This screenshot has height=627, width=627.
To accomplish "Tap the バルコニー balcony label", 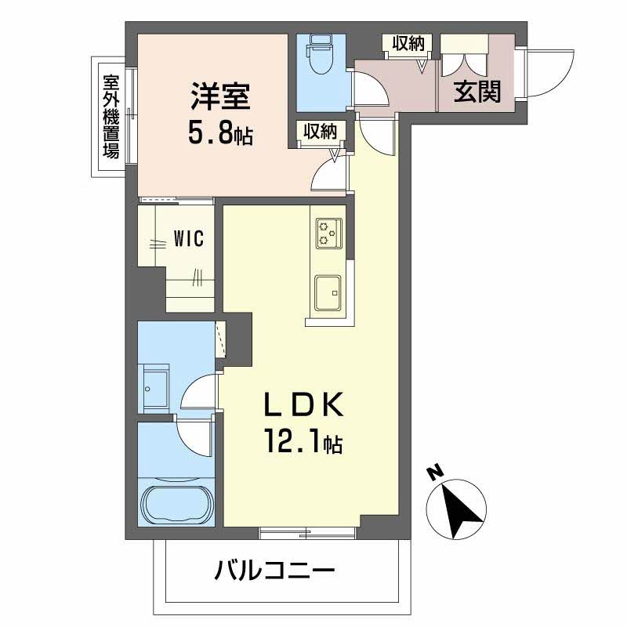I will click(x=275, y=571).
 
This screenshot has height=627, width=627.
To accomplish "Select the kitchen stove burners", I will click(x=328, y=233).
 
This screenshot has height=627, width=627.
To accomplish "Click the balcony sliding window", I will click(x=308, y=534).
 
